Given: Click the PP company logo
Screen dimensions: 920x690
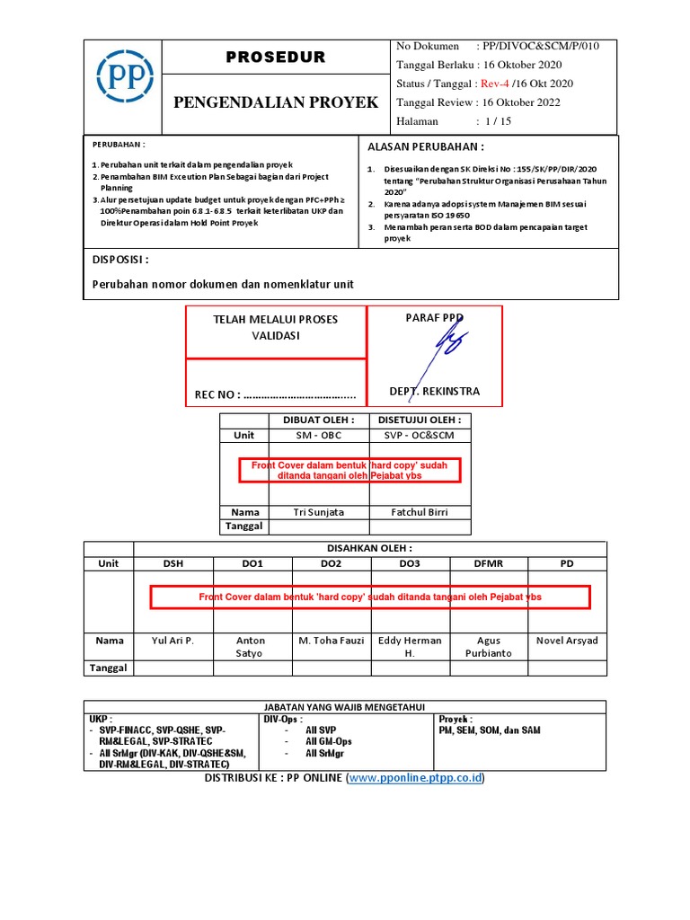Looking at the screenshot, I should click(125, 85).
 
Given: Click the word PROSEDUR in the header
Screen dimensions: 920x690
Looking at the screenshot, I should click(275, 57).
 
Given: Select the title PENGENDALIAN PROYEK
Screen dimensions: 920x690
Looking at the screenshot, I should click(275, 102).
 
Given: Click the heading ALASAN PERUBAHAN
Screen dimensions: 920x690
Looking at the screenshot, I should click(426, 146).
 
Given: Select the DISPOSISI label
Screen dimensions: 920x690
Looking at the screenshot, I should click(121, 260).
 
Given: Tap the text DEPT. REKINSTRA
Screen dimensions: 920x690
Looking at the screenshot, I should click(434, 392).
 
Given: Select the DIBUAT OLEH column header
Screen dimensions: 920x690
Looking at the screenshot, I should click(319, 420).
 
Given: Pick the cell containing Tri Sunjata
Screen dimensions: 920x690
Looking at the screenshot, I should click(319, 512).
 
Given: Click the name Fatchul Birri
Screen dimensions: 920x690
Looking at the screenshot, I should click(420, 512).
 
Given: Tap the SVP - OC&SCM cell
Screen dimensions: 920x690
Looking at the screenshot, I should click(420, 435).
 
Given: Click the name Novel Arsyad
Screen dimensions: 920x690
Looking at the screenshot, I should click(566, 641).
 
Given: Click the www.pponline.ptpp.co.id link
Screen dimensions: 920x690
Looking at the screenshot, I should click(416, 777).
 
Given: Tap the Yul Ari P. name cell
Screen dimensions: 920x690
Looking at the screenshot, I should click(173, 641).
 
